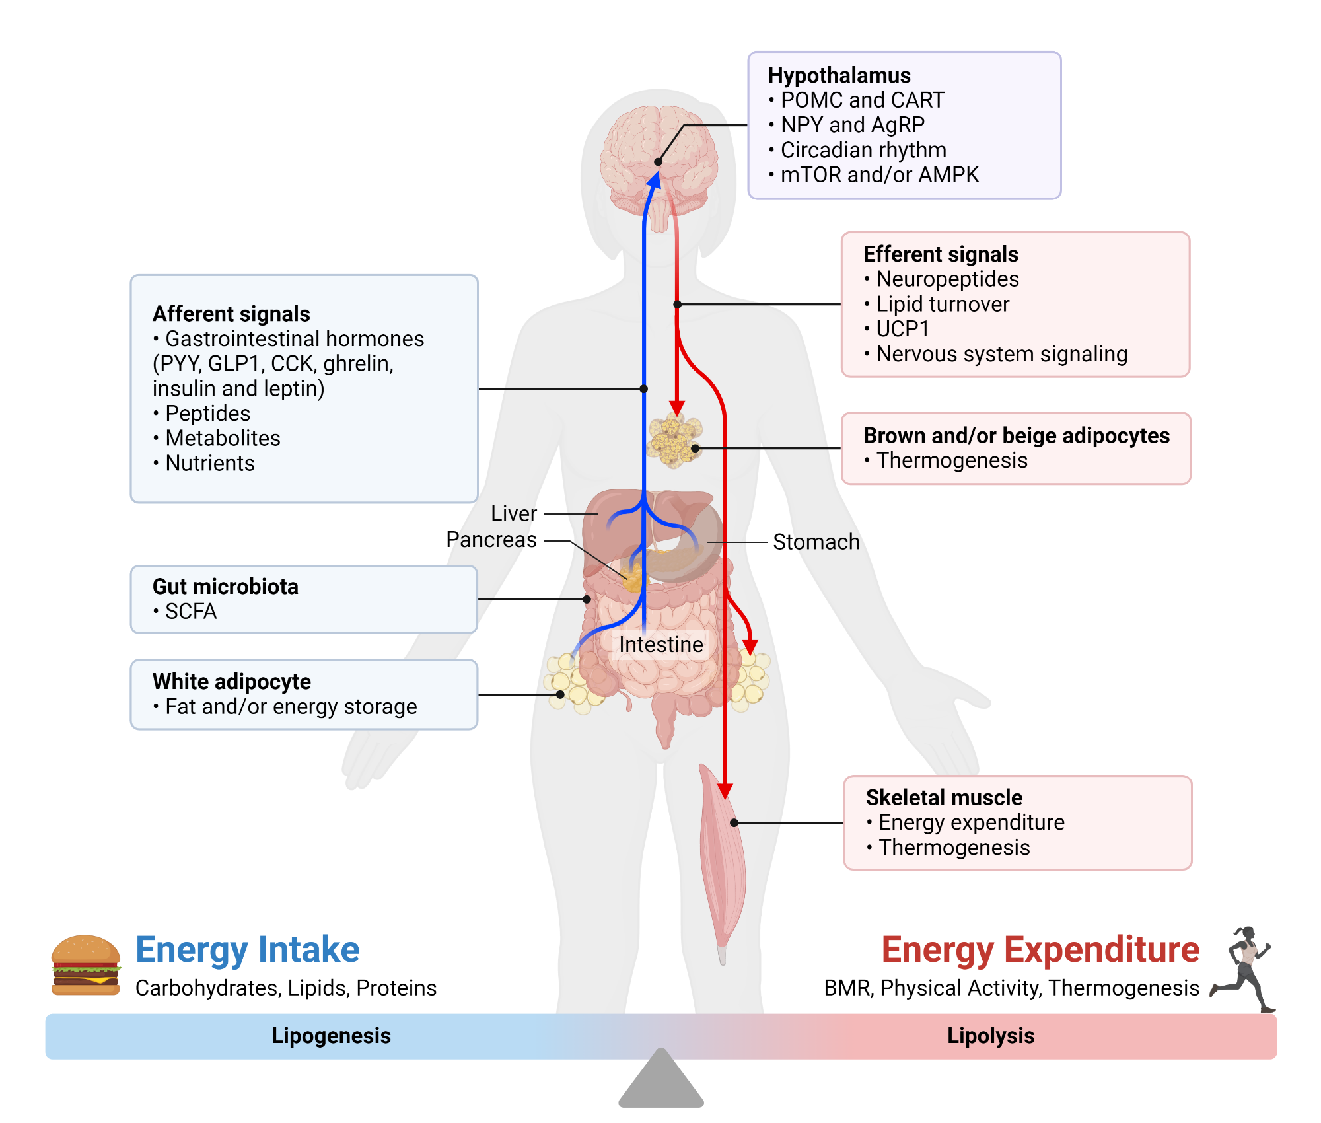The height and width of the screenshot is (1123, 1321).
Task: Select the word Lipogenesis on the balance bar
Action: (331, 1036)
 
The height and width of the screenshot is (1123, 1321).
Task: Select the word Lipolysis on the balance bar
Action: (990, 1036)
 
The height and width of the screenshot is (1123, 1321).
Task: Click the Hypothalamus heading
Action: (839, 75)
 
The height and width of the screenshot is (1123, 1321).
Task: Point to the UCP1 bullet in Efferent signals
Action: (902, 329)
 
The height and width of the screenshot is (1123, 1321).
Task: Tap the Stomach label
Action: (816, 542)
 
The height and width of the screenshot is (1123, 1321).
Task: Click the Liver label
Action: (513, 513)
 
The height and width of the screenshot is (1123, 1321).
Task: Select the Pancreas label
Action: (491, 540)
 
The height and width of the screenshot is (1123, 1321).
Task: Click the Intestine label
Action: (660, 645)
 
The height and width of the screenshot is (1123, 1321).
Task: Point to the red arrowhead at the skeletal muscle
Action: (725, 791)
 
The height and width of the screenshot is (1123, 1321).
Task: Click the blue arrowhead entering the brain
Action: (654, 180)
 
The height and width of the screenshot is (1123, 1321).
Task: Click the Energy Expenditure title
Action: (1040, 950)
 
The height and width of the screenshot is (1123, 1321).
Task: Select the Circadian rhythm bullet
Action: (863, 150)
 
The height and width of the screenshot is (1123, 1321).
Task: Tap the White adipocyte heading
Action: (231, 682)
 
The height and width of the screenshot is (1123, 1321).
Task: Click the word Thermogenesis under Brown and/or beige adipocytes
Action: (952, 460)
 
